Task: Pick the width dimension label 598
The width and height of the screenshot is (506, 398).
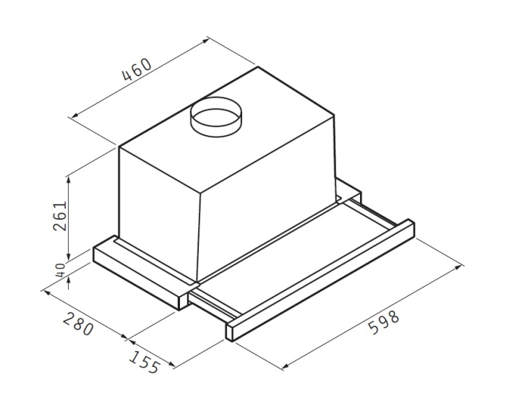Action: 384,323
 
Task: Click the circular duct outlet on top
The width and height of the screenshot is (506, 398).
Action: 215,116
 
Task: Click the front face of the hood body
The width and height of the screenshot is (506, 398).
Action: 159,209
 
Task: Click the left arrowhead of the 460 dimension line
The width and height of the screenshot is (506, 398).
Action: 70,114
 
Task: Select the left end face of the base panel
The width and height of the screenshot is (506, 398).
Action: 101,256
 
